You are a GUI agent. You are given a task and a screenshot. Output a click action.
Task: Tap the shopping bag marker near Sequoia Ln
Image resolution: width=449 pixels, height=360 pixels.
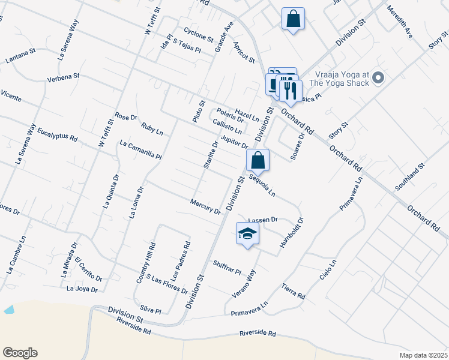click(258, 160)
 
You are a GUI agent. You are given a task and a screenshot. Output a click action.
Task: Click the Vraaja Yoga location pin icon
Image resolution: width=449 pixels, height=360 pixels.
click(378, 77)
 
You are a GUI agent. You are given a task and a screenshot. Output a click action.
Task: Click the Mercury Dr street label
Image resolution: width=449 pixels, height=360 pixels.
click(205, 206)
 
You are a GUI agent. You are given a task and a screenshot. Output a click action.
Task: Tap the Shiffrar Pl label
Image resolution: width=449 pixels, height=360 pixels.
click(226, 268)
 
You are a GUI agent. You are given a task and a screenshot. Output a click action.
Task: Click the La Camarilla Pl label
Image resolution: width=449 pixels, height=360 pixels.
click(140, 150)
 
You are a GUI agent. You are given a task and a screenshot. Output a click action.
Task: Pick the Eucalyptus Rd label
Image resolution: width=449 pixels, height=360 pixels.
click(58, 134)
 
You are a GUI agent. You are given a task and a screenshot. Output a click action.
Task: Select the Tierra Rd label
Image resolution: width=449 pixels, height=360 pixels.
click(294, 292)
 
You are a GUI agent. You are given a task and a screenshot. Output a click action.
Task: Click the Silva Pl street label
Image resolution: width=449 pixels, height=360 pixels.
click(150, 310)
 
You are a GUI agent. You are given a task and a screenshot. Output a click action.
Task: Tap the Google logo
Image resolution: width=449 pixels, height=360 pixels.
click(20, 353)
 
